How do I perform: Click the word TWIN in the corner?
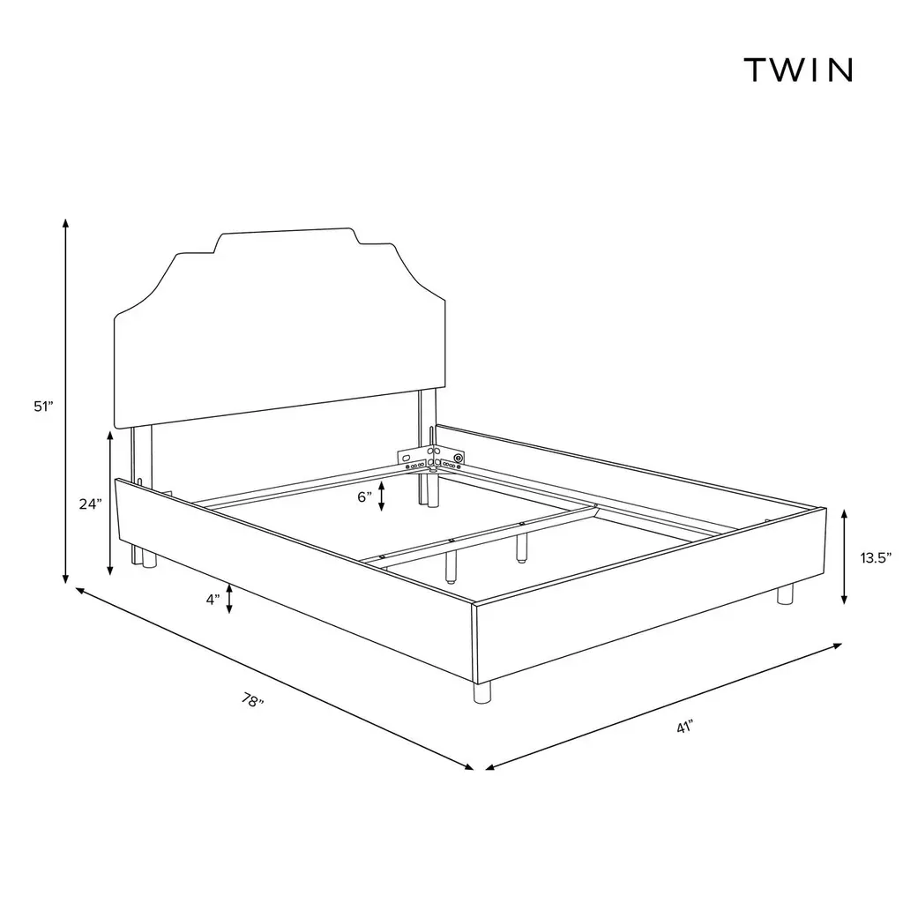point(798,71)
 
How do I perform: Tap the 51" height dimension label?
point(43,407)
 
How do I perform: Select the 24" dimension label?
point(91,504)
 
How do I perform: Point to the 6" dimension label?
point(364,497)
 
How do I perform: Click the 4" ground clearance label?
point(213,600)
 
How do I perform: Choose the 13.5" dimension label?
point(876,557)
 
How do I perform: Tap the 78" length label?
point(252,700)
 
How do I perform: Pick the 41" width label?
point(684,727)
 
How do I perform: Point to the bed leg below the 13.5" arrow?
point(785,593)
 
